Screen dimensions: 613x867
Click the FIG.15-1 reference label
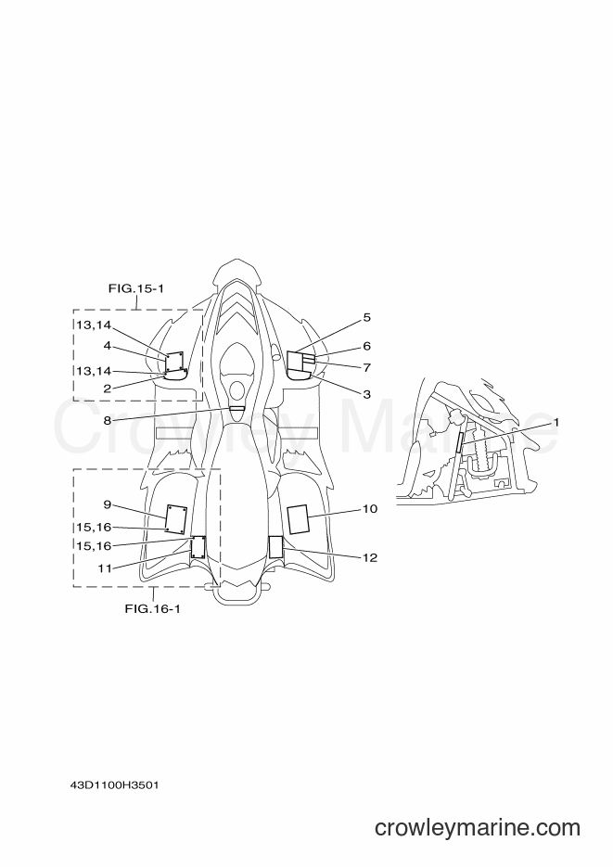coord(135,288)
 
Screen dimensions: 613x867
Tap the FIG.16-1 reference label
coord(152,609)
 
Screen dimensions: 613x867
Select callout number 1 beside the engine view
coord(556,422)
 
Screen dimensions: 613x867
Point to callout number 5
coord(366,317)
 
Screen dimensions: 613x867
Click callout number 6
coord(366,346)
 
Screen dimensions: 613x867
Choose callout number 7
coord(366,367)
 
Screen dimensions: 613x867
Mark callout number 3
coord(366,394)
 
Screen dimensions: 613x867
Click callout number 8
coord(108,420)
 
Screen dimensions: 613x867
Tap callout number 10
coord(370,509)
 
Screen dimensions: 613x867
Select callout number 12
coord(370,557)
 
